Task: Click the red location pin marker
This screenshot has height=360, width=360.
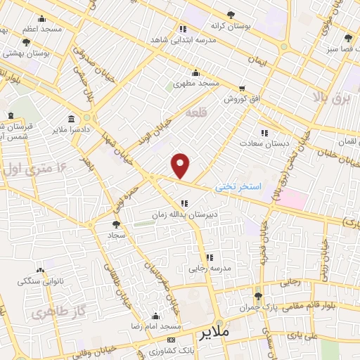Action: (181, 166)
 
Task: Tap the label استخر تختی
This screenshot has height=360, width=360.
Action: (238, 186)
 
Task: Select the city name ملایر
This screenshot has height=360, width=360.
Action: (215, 331)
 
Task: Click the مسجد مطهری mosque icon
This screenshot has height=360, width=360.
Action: (195, 72)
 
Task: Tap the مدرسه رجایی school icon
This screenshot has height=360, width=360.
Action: (210, 257)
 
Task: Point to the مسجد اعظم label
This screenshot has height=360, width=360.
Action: (42, 30)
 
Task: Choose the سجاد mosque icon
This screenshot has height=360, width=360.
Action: (113, 226)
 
